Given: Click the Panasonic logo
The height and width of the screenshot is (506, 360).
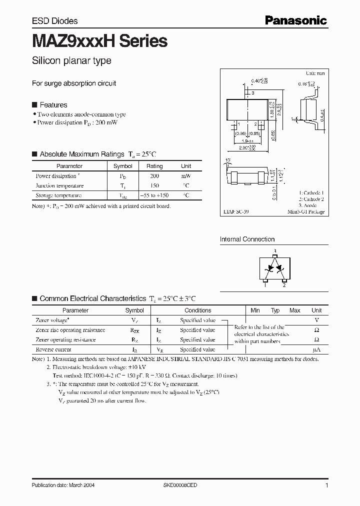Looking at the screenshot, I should tap(295, 20).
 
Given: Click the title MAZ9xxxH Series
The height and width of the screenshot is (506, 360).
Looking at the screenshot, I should tap(99, 41).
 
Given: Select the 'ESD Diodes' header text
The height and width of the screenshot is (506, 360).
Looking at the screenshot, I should tap(54, 21).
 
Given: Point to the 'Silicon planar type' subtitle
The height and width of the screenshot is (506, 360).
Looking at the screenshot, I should tap(71, 61).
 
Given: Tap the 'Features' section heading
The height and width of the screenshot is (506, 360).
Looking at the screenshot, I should tap(53, 105).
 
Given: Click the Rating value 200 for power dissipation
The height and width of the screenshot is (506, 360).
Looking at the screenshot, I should tap(154, 176).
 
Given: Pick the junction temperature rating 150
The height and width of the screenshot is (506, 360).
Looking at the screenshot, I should tap(154, 185).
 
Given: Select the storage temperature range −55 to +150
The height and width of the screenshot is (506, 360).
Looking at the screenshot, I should tap(154, 195).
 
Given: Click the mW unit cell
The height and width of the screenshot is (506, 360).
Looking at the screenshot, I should tap(186, 176).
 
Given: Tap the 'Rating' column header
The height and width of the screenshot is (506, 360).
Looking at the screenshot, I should tap(154, 166).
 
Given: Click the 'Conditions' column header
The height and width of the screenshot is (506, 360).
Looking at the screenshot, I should tap(197, 310).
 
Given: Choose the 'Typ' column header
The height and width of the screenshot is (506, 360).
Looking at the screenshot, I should tap(275, 310).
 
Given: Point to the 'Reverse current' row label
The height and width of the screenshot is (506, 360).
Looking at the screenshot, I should tap(53, 349).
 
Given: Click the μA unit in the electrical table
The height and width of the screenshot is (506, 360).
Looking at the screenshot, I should tap(316, 349).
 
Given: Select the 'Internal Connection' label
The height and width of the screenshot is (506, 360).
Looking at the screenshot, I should tap(247, 239).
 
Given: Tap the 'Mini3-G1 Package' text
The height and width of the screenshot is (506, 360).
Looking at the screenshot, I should tap(305, 212).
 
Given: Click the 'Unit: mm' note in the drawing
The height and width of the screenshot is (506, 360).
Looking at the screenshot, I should tap(315, 73).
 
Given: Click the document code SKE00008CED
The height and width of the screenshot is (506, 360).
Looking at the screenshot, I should tap(184, 485).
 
